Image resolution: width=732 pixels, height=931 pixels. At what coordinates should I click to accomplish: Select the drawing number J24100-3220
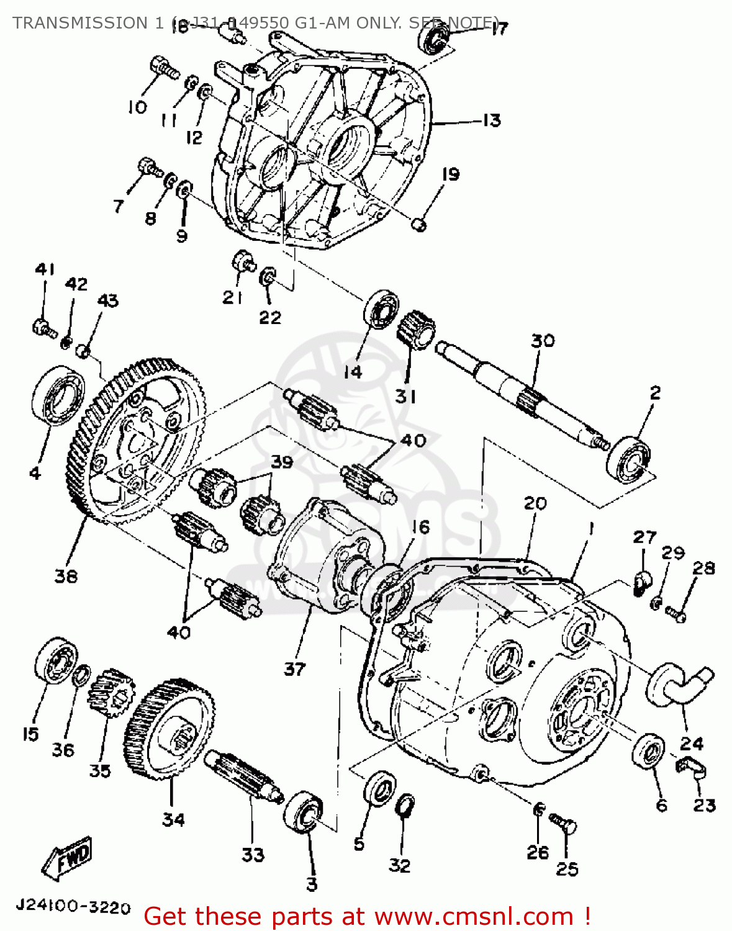tap(73, 907)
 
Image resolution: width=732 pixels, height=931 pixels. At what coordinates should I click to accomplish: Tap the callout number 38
tap(66, 576)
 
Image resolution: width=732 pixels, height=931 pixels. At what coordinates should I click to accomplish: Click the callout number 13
tap(491, 120)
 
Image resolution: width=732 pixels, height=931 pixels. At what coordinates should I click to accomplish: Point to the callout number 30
tap(542, 341)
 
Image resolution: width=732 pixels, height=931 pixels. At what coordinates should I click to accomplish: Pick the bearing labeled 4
tap(57, 395)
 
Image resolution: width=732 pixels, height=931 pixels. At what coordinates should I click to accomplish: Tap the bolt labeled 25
tap(563, 825)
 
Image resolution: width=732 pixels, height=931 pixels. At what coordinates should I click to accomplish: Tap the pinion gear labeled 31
tap(415, 331)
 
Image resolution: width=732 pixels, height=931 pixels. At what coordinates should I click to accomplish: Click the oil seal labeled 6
tap(648, 750)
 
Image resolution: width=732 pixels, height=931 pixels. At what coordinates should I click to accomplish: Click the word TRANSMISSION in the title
tap(80, 23)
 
